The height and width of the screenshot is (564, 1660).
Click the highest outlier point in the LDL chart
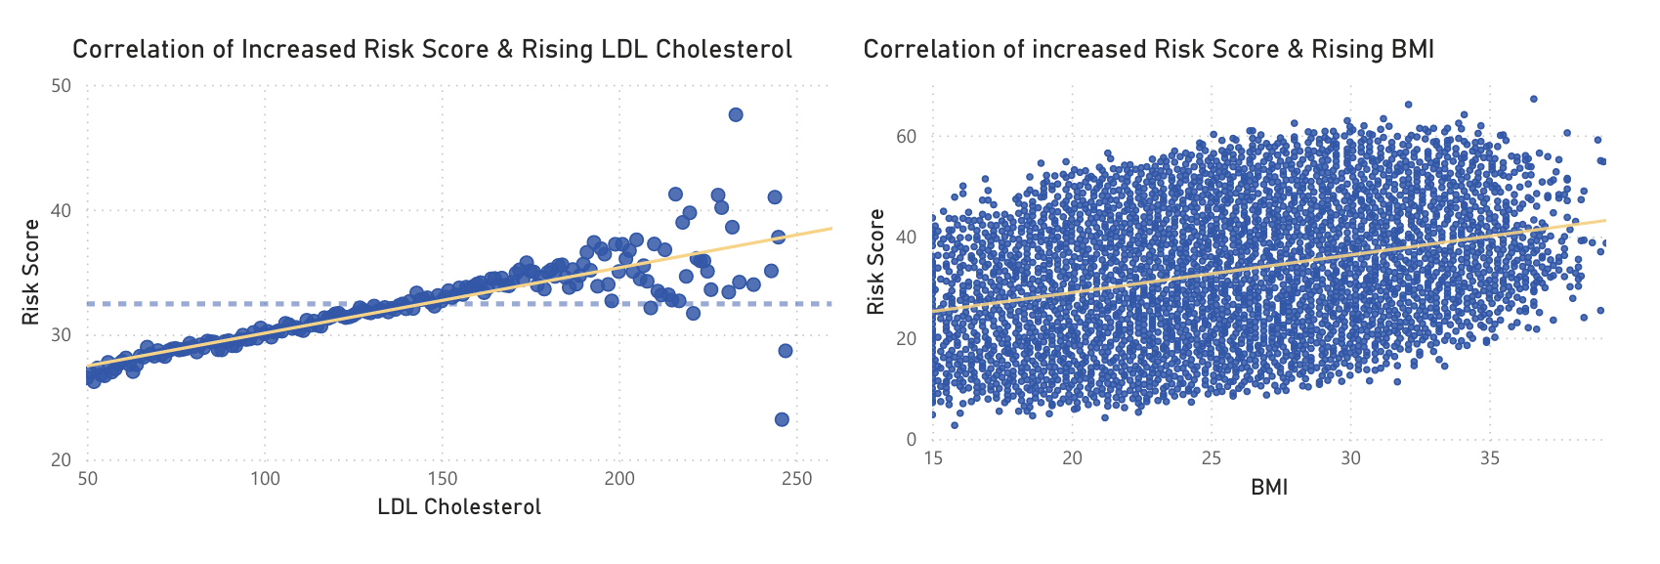(736, 114)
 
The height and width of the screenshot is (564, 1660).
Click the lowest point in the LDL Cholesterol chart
(782, 419)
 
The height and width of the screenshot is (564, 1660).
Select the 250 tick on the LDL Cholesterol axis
(797, 478)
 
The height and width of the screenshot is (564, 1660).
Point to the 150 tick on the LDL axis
(443, 478)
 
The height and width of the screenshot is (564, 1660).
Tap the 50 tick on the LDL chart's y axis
(61, 86)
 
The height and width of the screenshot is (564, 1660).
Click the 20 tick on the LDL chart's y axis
(61, 460)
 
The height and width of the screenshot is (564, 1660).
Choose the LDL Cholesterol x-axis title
(459, 506)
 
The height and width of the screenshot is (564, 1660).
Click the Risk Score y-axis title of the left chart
(31, 272)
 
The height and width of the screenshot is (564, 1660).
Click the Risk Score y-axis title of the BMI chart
(875, 261)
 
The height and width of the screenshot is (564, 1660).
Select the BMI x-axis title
(1269, 487)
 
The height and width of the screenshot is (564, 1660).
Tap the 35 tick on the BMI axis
(1490, 457)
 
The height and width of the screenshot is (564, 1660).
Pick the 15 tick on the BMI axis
(933, 457)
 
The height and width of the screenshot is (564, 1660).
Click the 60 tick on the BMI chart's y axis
(906, 136)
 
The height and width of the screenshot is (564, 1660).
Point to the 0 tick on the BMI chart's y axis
(911, 440)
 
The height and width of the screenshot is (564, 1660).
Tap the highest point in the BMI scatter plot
(1533, 99)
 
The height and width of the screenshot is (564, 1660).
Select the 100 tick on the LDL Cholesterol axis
(265, 478)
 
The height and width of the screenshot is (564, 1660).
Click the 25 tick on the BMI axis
(1212, 457)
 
